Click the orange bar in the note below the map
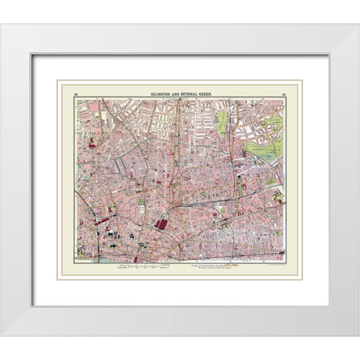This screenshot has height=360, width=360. point(234,264)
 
